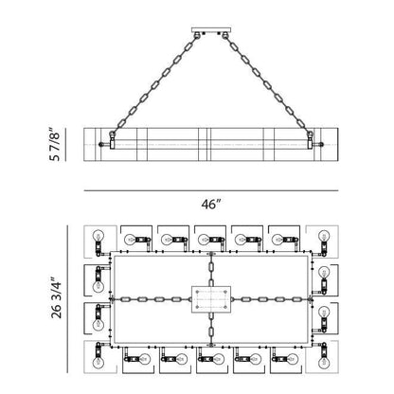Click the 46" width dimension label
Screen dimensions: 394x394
[x=210, y=205]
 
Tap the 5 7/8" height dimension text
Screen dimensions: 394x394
[x=54, y=144]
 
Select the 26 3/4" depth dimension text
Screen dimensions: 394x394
[x=57, y=298]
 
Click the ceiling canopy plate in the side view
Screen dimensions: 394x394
[x=211, y=30]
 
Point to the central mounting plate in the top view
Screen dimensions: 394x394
[x=211, y=299]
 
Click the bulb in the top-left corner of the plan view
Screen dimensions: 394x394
[x=98, y=236]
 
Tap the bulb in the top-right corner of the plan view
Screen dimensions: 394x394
[x=324, y=236]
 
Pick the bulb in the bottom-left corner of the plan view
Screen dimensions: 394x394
[x=98, y=363]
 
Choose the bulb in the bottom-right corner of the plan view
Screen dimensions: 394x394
[x=324, y=363]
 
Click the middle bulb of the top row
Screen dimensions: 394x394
[x=204, y=240]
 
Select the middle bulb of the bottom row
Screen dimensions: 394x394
[x=218, y=359]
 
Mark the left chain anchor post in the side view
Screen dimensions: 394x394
[x=112, y=140]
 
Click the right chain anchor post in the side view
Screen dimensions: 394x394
[x=310, y=140]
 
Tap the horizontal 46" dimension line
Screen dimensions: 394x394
[x=211, y=190]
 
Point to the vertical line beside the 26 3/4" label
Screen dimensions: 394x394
[x=67, y=299]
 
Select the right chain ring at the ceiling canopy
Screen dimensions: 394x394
[x=224, y=35]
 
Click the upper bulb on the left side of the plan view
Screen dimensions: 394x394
[x=98, y=286]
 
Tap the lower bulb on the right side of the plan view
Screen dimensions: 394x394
[x=324, y=313]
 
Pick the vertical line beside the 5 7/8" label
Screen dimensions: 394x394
[x=65, y=145]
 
